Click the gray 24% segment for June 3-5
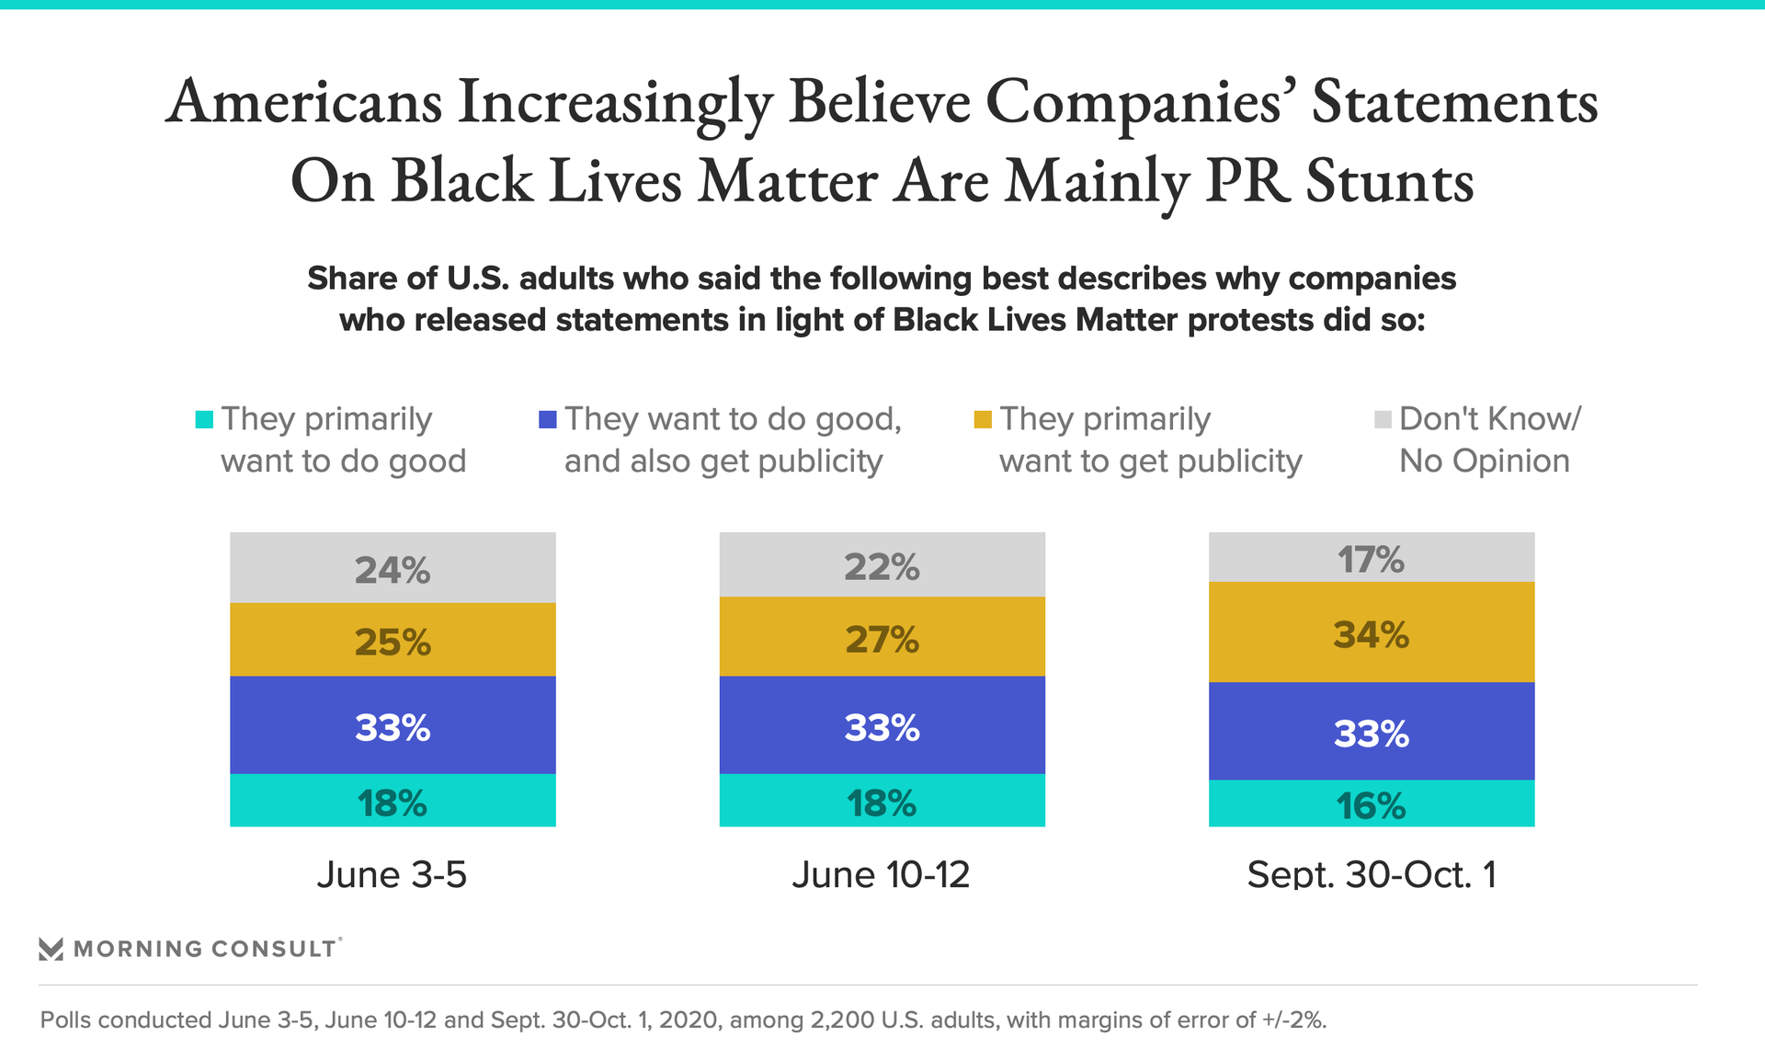393,568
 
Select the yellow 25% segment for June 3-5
393,640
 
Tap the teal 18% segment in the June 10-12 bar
882,801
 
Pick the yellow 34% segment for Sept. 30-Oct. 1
1371,632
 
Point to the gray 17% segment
1371,557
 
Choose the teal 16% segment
1371,804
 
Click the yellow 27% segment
882,637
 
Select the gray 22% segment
882,565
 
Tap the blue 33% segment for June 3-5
393,725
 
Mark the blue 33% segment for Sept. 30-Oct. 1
1371,732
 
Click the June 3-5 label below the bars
392,874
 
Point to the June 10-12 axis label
881,874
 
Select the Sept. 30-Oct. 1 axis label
1371,874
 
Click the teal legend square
204,419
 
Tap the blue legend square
548,419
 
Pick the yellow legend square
983,419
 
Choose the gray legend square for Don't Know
1383,419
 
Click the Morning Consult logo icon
51,949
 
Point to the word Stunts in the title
1389,181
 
